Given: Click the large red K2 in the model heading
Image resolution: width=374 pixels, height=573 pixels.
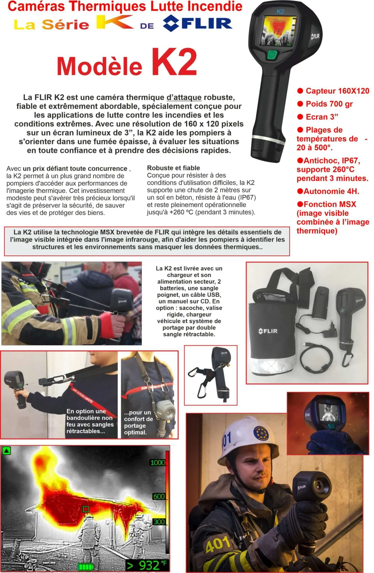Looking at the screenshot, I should [x=174, y=62].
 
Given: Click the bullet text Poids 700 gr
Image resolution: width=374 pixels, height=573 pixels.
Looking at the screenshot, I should [x=329, y=104].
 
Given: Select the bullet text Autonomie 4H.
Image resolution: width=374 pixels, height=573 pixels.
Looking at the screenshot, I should [x=331, y=191].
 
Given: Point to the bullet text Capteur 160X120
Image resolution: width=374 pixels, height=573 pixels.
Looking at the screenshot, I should [x=337, y=91].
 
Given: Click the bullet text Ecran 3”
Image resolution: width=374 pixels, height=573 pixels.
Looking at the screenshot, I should [x=322, y=117].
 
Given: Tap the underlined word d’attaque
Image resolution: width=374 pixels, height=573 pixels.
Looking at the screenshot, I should [x=184, y=98].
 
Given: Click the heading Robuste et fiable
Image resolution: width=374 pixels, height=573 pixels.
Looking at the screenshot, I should [x=173, y=168].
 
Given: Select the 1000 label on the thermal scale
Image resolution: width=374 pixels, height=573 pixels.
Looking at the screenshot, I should [x=158, y=462].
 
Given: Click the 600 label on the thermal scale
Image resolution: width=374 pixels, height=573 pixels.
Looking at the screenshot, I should [x=159, y=496].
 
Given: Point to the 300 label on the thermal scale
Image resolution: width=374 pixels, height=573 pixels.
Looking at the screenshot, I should [x=159, y=521].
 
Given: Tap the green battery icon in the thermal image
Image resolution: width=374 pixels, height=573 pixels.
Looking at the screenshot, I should [x=86, y=566].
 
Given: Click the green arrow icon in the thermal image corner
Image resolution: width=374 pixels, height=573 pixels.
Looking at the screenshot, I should [x=6, y=451].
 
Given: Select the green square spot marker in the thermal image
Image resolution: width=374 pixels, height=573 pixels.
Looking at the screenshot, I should [x=86, y=509].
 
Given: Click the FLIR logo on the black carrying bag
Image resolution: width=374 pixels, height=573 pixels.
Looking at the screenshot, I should [x=268, y=331].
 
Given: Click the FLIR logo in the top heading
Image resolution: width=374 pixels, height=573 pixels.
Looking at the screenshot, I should [x=197, y=23].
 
